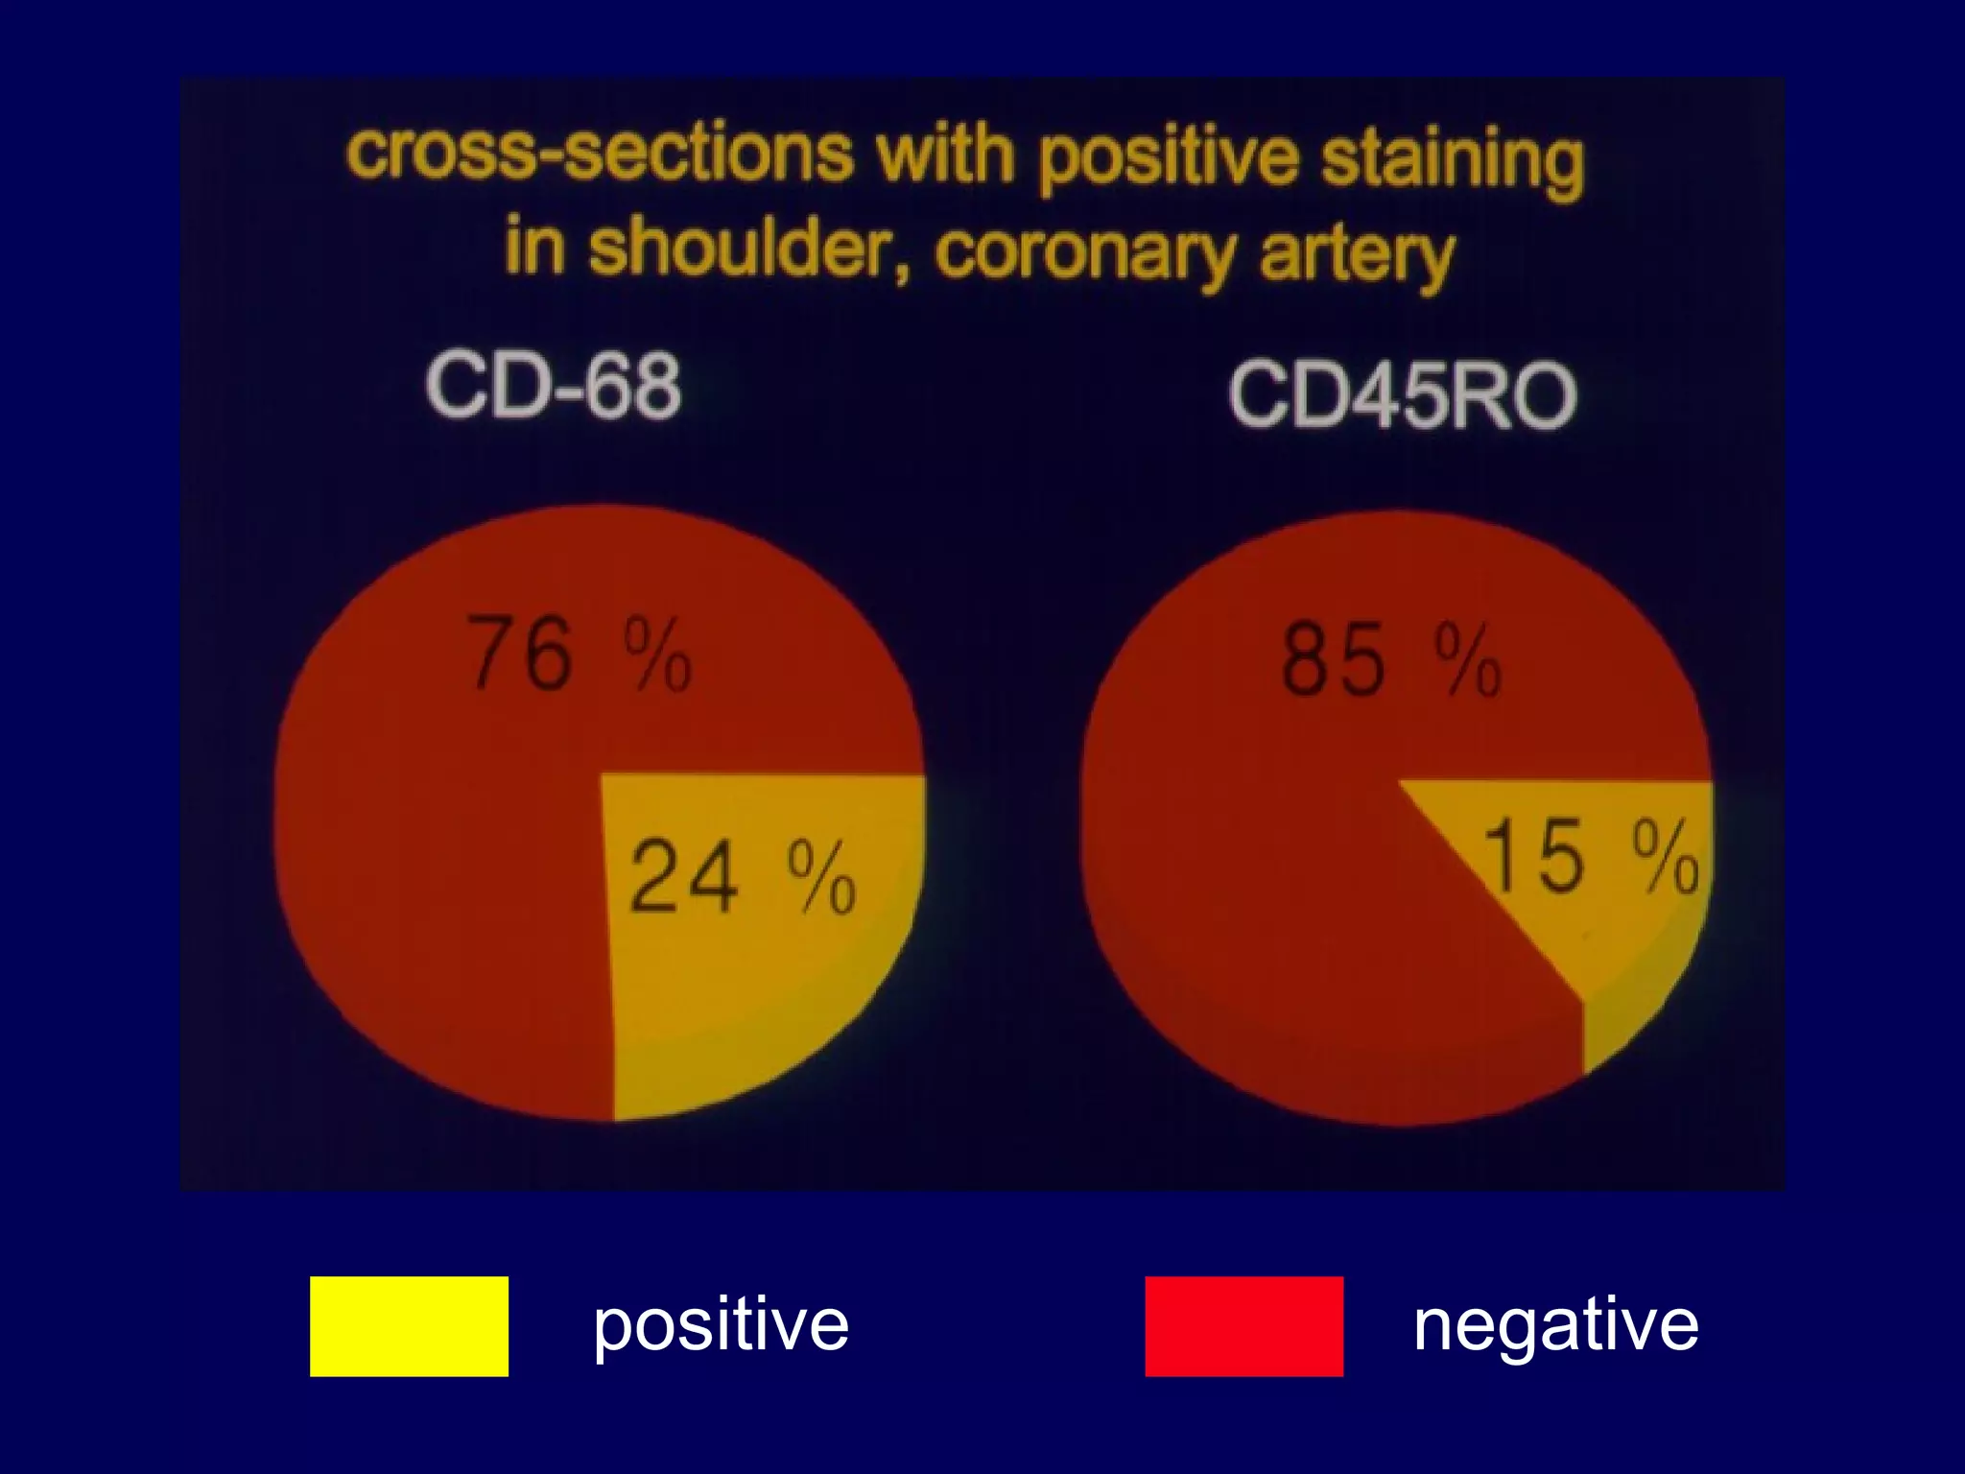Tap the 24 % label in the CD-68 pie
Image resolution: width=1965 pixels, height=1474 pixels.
pyautogui.click(x=742, y=876)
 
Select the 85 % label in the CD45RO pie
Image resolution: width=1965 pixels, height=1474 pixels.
pyautogui.click(x=1390, y=659)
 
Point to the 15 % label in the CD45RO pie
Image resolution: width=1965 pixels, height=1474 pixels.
pyautogui.click(x=1590, y=857)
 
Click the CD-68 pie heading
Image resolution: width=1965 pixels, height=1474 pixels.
pyautogui.click(x=554, y=387)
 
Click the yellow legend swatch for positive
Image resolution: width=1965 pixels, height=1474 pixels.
pyautogui.click(x=409, y=1326)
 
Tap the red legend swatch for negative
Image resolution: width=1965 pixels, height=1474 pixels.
pyautogui.click(x=1243, y=1326)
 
